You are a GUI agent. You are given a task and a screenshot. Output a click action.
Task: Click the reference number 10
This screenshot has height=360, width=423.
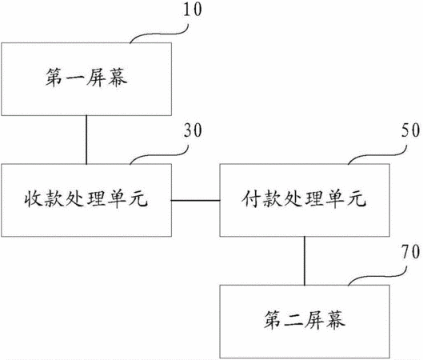(193, 10)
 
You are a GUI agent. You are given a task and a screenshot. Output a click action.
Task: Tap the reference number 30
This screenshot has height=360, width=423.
(193, 130)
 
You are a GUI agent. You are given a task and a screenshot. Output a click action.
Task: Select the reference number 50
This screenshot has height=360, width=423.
(410, 130)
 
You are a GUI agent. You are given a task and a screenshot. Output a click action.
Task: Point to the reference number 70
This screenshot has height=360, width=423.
(410, 251)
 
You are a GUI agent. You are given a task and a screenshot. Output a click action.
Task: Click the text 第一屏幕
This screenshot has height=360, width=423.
(86, 78)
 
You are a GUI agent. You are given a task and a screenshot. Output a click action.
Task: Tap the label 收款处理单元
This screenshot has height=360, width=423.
(86, 199)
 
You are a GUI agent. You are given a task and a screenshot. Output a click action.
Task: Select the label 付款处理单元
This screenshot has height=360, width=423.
(304, 199)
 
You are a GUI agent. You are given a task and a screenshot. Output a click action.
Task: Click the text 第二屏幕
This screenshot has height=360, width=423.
(305, 320)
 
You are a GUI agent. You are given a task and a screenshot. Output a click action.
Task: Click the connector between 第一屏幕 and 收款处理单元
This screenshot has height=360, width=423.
(86, 140)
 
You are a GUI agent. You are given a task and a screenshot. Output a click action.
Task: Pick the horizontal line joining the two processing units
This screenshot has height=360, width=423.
(196, 201)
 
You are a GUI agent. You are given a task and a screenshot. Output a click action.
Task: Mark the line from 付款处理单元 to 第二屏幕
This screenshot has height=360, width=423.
(305, 261)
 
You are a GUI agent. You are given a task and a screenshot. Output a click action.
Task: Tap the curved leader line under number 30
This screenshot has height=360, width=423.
(159, 155)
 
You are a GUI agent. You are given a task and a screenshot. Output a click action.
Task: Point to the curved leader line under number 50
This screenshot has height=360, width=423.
(377, 155)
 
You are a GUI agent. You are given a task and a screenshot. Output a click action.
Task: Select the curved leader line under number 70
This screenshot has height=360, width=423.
(377, 276)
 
